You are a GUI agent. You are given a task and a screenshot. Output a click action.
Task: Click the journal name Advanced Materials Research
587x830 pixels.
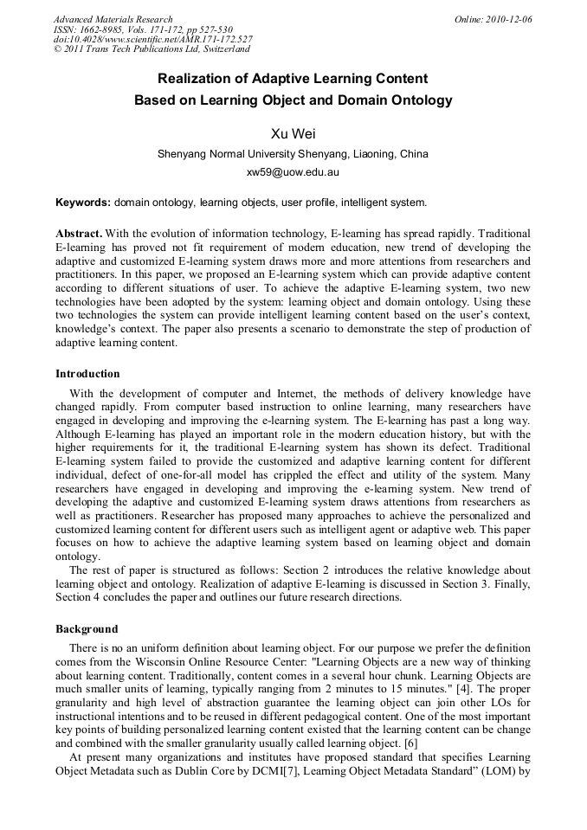[x=113, y=19]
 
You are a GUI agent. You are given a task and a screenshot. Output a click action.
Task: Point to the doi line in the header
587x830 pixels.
[x=153, y=40]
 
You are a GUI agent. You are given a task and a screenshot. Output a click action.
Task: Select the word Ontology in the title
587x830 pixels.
[x=422, y=100]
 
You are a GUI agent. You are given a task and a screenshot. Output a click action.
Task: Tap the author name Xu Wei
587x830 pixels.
[x=293, y=133]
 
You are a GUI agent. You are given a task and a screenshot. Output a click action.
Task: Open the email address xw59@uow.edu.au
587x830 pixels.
[x=293, y=172]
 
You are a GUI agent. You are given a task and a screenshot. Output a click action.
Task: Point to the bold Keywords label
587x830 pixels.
[x=83, y=203]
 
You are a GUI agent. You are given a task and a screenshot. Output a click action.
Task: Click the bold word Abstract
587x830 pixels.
[x=79, y=235]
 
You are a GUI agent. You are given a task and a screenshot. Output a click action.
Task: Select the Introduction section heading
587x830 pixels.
[x=87, y=374]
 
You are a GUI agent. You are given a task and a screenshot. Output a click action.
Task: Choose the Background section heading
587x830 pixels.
[x=87, y=629]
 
